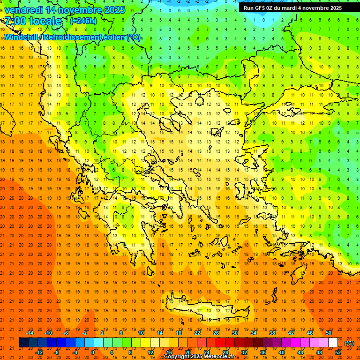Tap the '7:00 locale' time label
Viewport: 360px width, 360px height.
point(33,21)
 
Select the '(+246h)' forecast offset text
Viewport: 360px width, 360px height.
point(83,21)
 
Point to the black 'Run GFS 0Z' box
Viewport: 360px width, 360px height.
point(293,8)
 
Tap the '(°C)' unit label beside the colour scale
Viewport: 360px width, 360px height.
point(349,343)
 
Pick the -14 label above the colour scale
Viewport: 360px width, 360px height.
point(30,333)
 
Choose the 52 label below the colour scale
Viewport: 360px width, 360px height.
point(338,352)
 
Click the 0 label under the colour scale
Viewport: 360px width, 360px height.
point(93,352)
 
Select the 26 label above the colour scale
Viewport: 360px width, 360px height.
point(216,333)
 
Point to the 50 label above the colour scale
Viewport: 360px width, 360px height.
point(328,333)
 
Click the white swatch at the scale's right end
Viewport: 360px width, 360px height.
point(333,343)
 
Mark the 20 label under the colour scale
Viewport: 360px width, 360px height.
point(187,352)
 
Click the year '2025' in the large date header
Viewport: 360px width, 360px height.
point(114,9)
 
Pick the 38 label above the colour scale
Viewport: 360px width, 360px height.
point(272,333)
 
